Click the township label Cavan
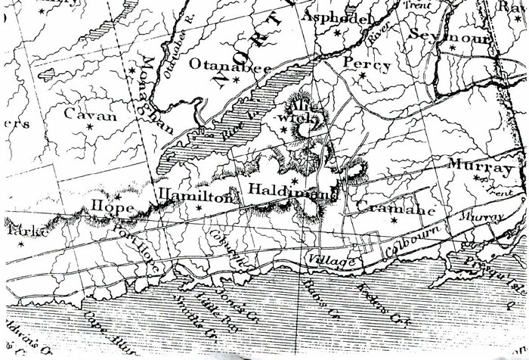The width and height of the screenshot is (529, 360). tap(90, 116)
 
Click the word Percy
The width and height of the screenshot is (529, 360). tap(367, 64)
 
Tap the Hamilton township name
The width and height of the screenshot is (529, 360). tap(194, 196)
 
